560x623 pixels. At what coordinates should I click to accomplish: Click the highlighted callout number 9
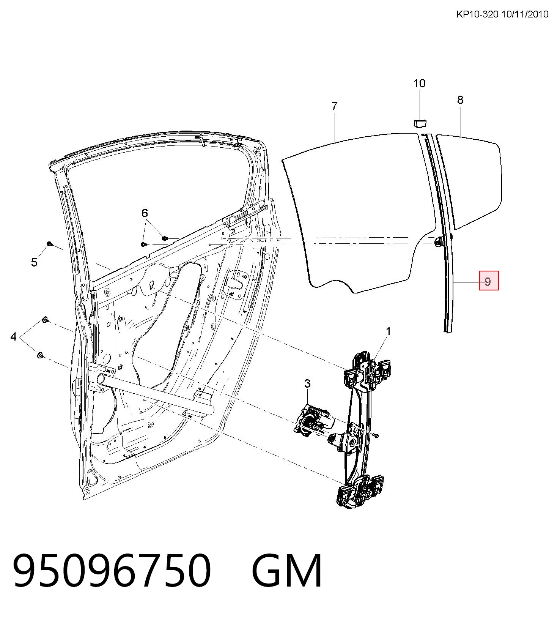click(x=489, y=281)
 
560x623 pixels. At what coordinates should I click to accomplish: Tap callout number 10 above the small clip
click(x=419, y=83)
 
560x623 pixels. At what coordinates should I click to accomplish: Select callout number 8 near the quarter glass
click(x=460, y=100)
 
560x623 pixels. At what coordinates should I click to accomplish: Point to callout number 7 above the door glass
click(x=334, y=106)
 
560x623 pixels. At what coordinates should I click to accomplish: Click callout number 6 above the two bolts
click(x=145, y=213)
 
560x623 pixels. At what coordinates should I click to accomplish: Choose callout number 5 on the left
click(x=35, y=262)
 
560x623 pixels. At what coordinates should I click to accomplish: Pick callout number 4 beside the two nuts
click(x=14, y=336)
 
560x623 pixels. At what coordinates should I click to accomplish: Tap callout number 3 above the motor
click(x=307, y=383)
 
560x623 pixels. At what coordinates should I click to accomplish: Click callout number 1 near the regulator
click(x=388, y=331)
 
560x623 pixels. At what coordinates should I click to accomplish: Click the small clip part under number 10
click(x=419, y=123)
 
